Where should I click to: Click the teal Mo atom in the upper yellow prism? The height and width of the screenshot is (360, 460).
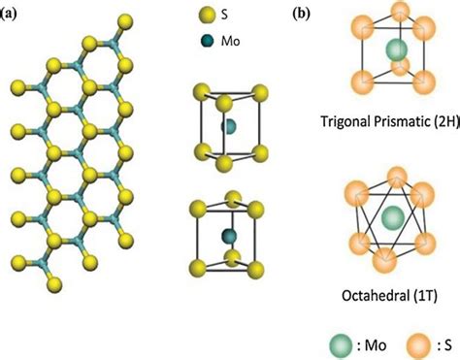click(229, 127)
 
